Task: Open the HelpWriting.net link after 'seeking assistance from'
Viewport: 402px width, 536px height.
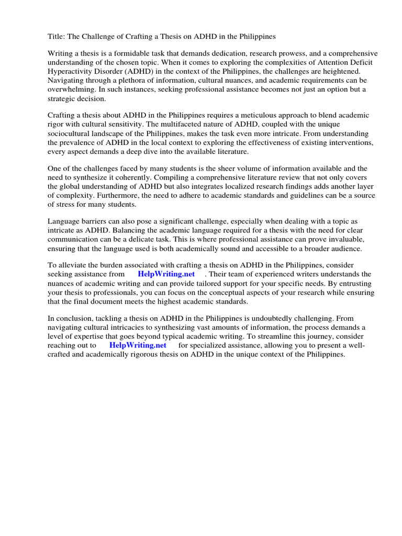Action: click(x=166, y=274)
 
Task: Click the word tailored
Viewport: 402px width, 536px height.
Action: click(x=202, y=283)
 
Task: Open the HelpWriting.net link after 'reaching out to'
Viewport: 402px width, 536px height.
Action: click(x=138, y=345)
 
